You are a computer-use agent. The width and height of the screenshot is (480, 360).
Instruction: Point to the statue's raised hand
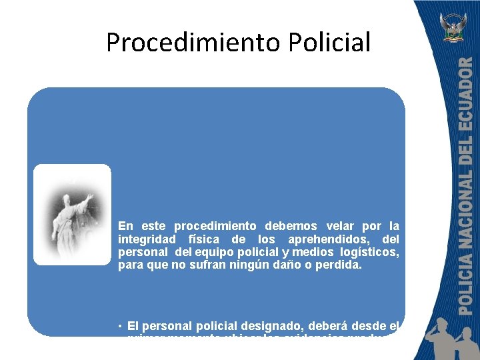coord(89,198)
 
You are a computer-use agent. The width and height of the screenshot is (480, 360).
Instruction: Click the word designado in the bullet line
coord(288,327)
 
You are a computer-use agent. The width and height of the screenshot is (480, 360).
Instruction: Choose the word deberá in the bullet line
coord(340,327)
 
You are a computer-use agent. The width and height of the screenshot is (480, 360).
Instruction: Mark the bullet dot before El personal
coord(120,327)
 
